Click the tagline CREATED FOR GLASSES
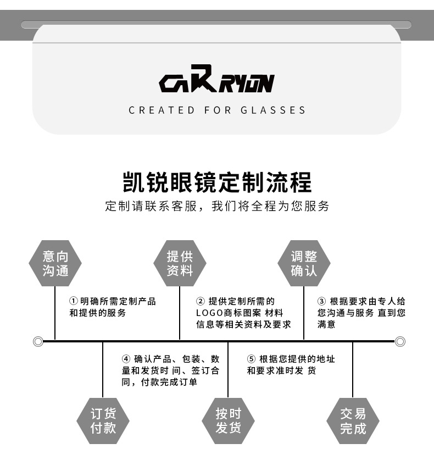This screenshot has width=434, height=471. pos(217,110)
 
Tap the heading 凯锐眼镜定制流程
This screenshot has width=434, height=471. pos(217,182)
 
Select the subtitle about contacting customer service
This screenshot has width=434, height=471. pos(217,207)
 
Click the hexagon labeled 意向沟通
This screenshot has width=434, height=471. pos(55,263)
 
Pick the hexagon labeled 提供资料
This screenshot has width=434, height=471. pos(180,263)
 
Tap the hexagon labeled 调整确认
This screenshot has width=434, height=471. pos(304,263)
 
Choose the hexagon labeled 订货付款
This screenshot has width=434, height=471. pos(103,420)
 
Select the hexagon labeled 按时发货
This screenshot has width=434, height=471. pos(228,420)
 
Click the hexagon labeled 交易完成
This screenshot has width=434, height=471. pos(353,420)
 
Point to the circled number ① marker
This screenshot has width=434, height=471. pos(74,301)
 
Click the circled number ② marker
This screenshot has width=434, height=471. pos(201,301)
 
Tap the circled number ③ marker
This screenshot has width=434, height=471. pos(322,301)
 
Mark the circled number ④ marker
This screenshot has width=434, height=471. pos(126,359)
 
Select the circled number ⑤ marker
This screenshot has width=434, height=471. pos(252,359)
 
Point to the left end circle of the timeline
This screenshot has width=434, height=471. pos(38,341)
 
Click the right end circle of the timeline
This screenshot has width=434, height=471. pos(400,341)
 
